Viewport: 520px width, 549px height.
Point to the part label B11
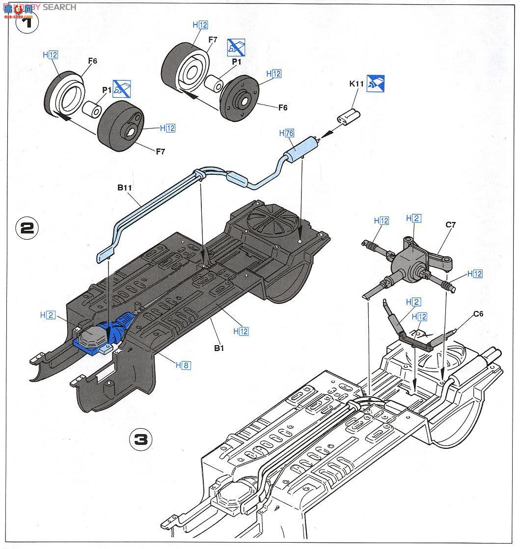coord(125,187)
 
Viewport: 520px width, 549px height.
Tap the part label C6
coord(478,314)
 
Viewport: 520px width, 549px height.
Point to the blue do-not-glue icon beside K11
coord(375,83)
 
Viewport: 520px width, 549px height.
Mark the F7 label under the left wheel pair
coord(160,151)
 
